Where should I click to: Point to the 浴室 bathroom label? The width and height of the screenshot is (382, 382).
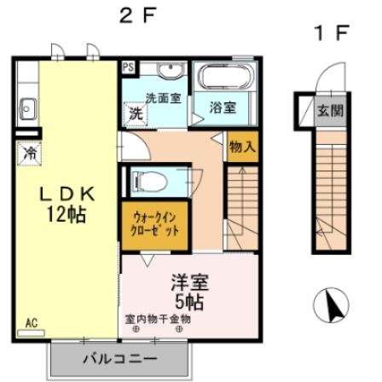223,108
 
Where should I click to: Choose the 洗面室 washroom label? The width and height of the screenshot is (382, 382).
161,97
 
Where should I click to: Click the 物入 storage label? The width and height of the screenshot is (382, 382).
242,146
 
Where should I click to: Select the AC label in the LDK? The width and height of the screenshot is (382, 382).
32,322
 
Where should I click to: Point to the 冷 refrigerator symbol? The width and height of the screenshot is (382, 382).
28,154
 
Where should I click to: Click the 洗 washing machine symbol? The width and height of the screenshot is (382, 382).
135,113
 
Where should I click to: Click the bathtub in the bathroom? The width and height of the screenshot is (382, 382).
223,79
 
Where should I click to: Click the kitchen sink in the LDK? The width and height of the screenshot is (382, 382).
26,107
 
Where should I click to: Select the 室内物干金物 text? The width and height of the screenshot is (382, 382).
159,318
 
